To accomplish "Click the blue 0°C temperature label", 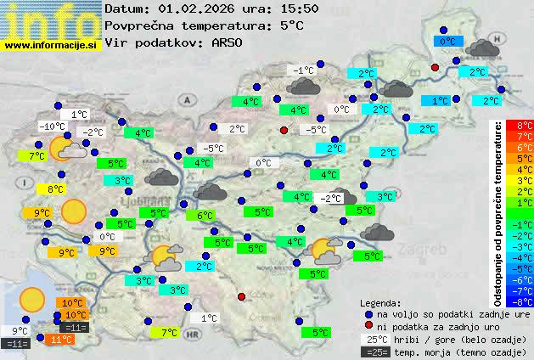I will pyautogui.click(x=447, y=40).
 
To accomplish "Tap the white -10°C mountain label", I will pyautogui.click(x=52, y=127).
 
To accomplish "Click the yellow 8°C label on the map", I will pyautogui.click(x=55, y=189).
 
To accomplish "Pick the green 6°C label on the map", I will pyautogui.click(x=205, y=216).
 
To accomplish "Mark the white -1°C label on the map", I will pyautogui.click(x=301, y=70).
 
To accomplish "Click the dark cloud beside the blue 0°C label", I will pyautogui.click(x=482, y=47).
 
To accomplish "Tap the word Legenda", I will pyautogui.click(x=380, y=302).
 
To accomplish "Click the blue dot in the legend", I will pyautogui.click(x=368, y=314).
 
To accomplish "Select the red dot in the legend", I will pyautogui.click(x=368, y=326).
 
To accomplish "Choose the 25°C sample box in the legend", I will pyautogui.click(x=374, y=339).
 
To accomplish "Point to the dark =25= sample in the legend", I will pyautogui.click(x=374, y=351).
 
